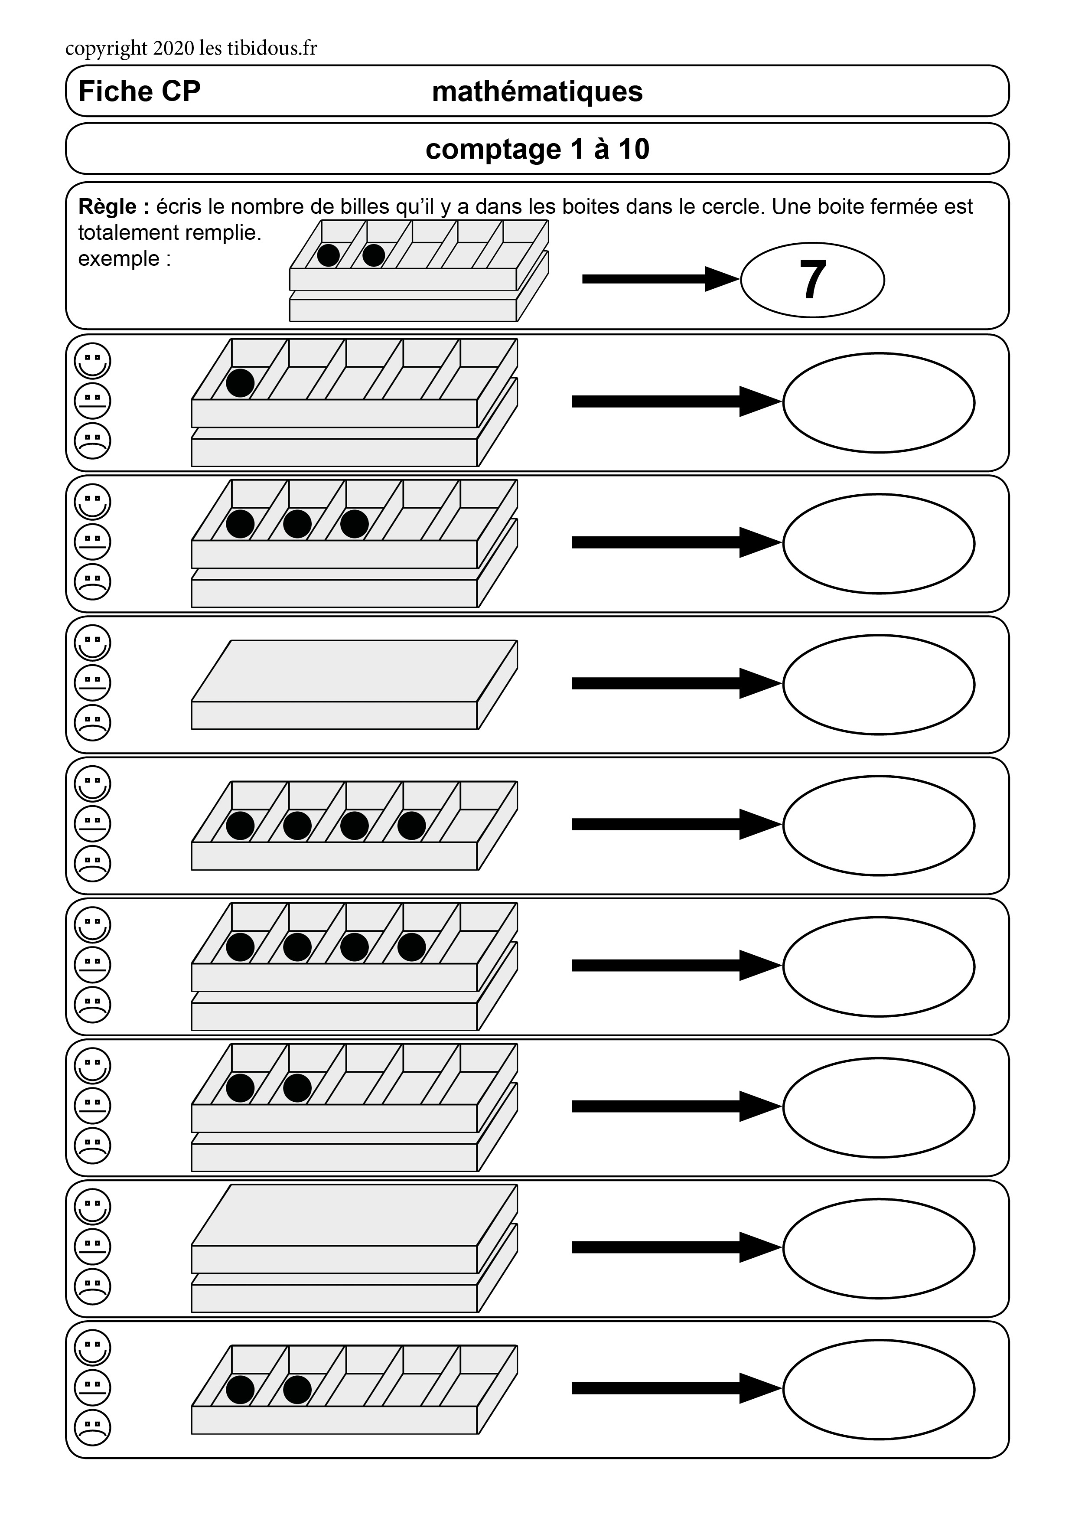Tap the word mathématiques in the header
pos(537,91)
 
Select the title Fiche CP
pos(139,91)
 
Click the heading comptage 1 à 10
pos(537,149)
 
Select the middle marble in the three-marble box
pos(297,524)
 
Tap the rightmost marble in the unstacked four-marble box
pos(411,826)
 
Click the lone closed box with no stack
pos(354,684)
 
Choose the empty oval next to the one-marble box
pos(878,403)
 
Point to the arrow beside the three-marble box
pos(676,542)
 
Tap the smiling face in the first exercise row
pos(93,361)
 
